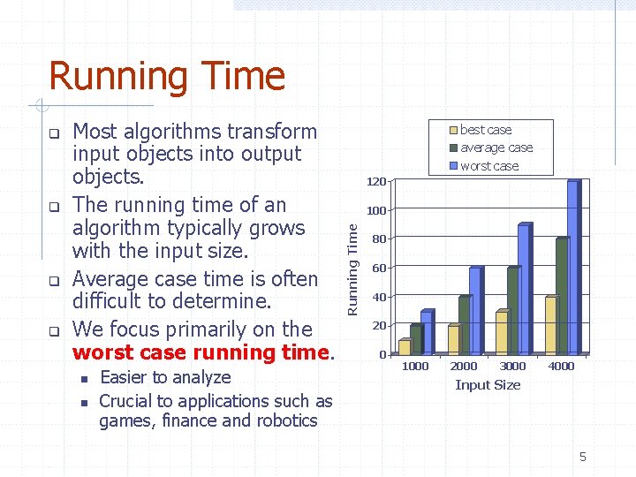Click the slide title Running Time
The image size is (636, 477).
point(167,76)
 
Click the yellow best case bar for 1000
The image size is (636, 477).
point(405,347)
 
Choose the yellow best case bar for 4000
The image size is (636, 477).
point(550,326)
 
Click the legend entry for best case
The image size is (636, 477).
point(485,130)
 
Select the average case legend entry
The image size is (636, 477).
point(496,148)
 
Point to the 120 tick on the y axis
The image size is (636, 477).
point(376,182)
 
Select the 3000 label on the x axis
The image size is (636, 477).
point(512,366)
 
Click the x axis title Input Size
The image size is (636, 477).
point(488,385)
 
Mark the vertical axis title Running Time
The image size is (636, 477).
point(352,269)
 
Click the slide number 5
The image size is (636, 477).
point(582,457)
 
